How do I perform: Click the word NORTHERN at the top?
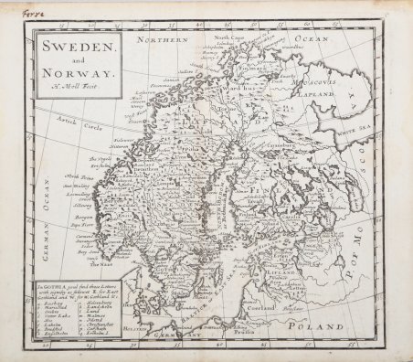tap(161, 39)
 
